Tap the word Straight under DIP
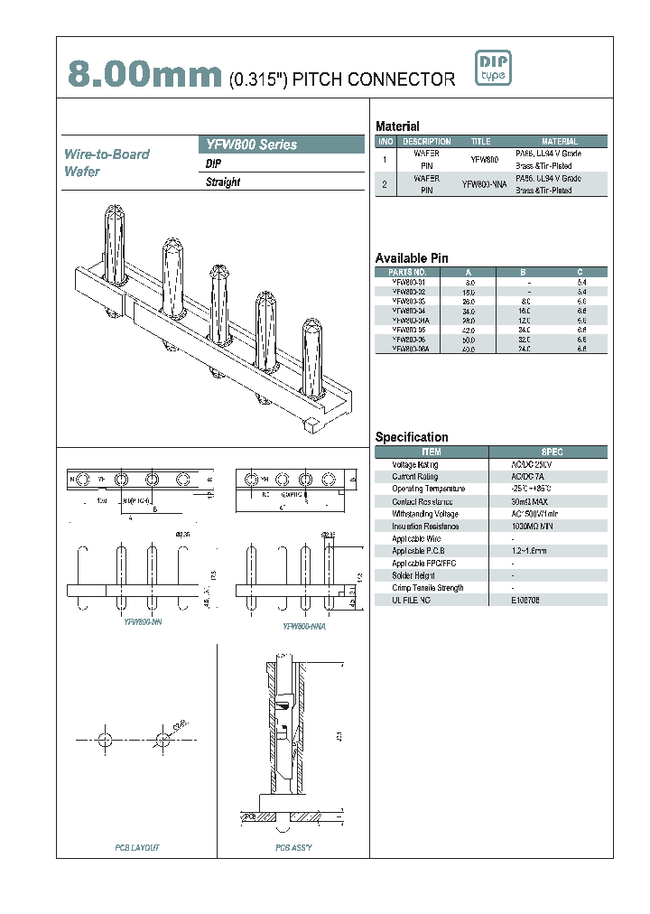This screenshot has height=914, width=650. coord(223,182)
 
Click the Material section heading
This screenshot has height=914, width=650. coord(397,126)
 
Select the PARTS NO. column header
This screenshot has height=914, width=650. coord(407,272)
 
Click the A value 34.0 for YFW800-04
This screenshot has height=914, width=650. coord(469,310)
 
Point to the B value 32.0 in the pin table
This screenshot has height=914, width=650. coord(525,340)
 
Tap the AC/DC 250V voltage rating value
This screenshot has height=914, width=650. coord(531,463)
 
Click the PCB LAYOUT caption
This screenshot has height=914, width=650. coord(137,848)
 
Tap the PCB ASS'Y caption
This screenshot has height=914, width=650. coord(293,848)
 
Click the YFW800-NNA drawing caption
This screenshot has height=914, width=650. coord(303,625)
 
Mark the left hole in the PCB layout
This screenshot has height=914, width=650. coord(106,740)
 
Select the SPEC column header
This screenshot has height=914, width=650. coord(552,451)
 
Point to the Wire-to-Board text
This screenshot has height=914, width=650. coord(107,154)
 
